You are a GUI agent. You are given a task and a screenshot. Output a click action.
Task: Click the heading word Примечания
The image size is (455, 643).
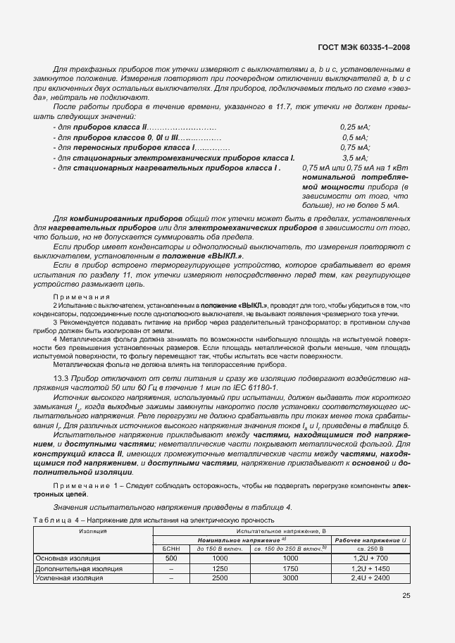click(73, 296)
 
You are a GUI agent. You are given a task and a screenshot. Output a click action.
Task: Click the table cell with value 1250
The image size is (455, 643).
click(219, 568)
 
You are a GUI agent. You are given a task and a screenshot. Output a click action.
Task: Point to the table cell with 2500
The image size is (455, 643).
click(219, 578)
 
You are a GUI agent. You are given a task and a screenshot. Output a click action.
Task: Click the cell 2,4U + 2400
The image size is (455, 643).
click(371, 578)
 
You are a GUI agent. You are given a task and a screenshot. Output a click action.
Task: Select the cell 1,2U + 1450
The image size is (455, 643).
click(371, 568)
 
